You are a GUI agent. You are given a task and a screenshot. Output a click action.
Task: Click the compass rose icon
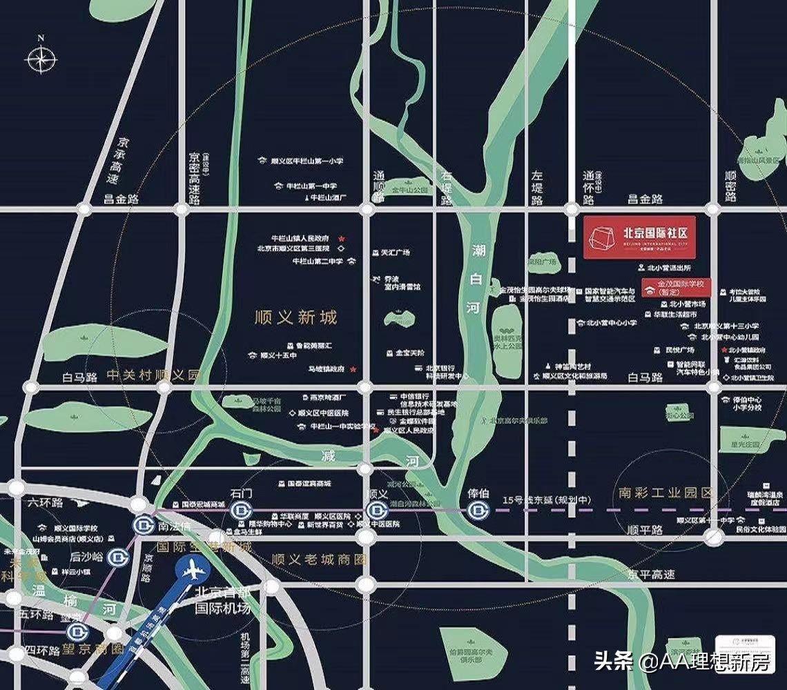41,59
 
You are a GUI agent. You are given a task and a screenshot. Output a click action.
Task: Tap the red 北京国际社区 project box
639,237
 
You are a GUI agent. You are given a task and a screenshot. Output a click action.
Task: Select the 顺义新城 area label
295,317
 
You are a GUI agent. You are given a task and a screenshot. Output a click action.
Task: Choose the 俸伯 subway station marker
478,511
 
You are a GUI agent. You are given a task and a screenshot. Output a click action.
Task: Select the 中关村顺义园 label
153,375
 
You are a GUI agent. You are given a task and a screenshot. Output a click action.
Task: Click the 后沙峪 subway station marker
119,555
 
